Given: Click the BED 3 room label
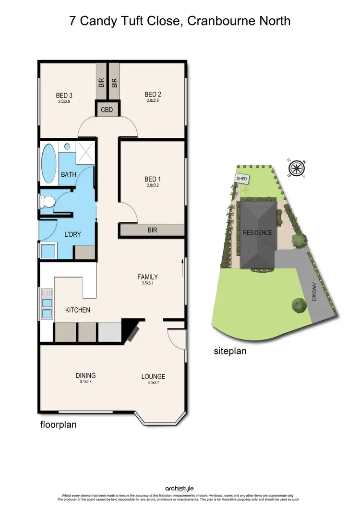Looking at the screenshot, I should point(64,95).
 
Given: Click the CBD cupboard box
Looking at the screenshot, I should point(107,110).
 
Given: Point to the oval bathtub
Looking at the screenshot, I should point(48,163).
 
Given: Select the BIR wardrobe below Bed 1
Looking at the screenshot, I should point(152,230).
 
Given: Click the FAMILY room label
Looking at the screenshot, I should point(147,277).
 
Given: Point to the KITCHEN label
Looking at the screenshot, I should point(78,310).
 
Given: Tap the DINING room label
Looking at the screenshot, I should point(85,376).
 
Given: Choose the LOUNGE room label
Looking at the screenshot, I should point(153,376).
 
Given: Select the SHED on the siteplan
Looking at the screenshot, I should point(240,179).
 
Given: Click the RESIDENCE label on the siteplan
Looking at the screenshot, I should point(257,233).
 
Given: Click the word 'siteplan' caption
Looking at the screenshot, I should point(230,351).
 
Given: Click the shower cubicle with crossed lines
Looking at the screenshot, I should point(85,154).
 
